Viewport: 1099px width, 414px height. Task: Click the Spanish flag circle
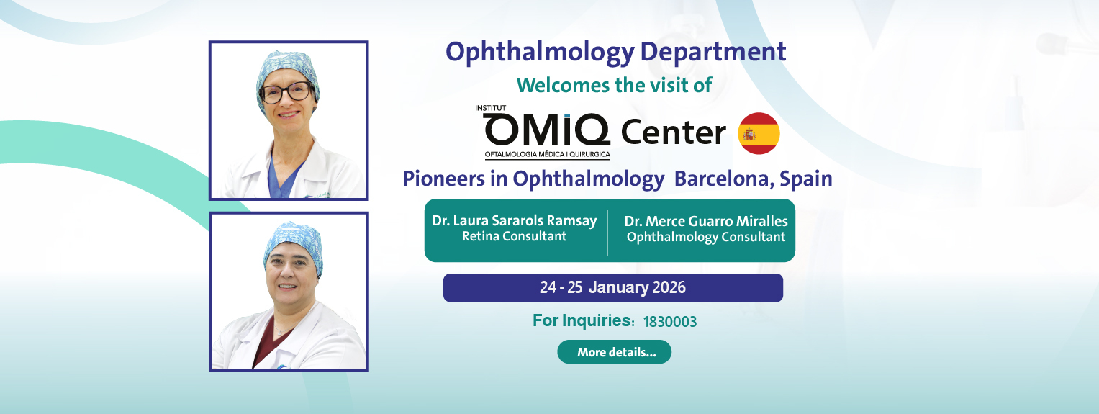tap(759, 133)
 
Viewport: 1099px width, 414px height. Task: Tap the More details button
tap(614, 351)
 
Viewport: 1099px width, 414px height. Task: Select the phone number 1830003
tap(670, 322)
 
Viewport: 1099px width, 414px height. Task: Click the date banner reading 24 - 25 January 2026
tap(612, 288)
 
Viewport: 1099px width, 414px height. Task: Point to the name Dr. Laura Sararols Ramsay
tap(514, 220)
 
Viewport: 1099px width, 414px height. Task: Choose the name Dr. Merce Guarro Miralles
tap(706, 221)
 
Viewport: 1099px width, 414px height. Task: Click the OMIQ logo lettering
tap(546, 130)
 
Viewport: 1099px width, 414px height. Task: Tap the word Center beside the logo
tap(673, 132)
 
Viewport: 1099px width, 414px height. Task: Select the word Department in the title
tap(713, 52)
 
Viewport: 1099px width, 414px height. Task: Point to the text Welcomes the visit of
tap(614, 86)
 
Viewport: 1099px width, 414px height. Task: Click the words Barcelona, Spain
tap(753, 179)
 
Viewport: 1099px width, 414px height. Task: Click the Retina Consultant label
tap(514, 236)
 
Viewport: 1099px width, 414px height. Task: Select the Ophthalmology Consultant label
tap(706, 237)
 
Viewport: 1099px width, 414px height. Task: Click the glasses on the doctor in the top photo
tap(286, 93)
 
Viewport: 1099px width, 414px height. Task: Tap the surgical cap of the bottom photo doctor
tap(293, 244)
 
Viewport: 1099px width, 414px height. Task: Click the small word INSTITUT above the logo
tap(491, 108)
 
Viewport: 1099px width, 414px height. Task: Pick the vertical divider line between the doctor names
tap(607, 233)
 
